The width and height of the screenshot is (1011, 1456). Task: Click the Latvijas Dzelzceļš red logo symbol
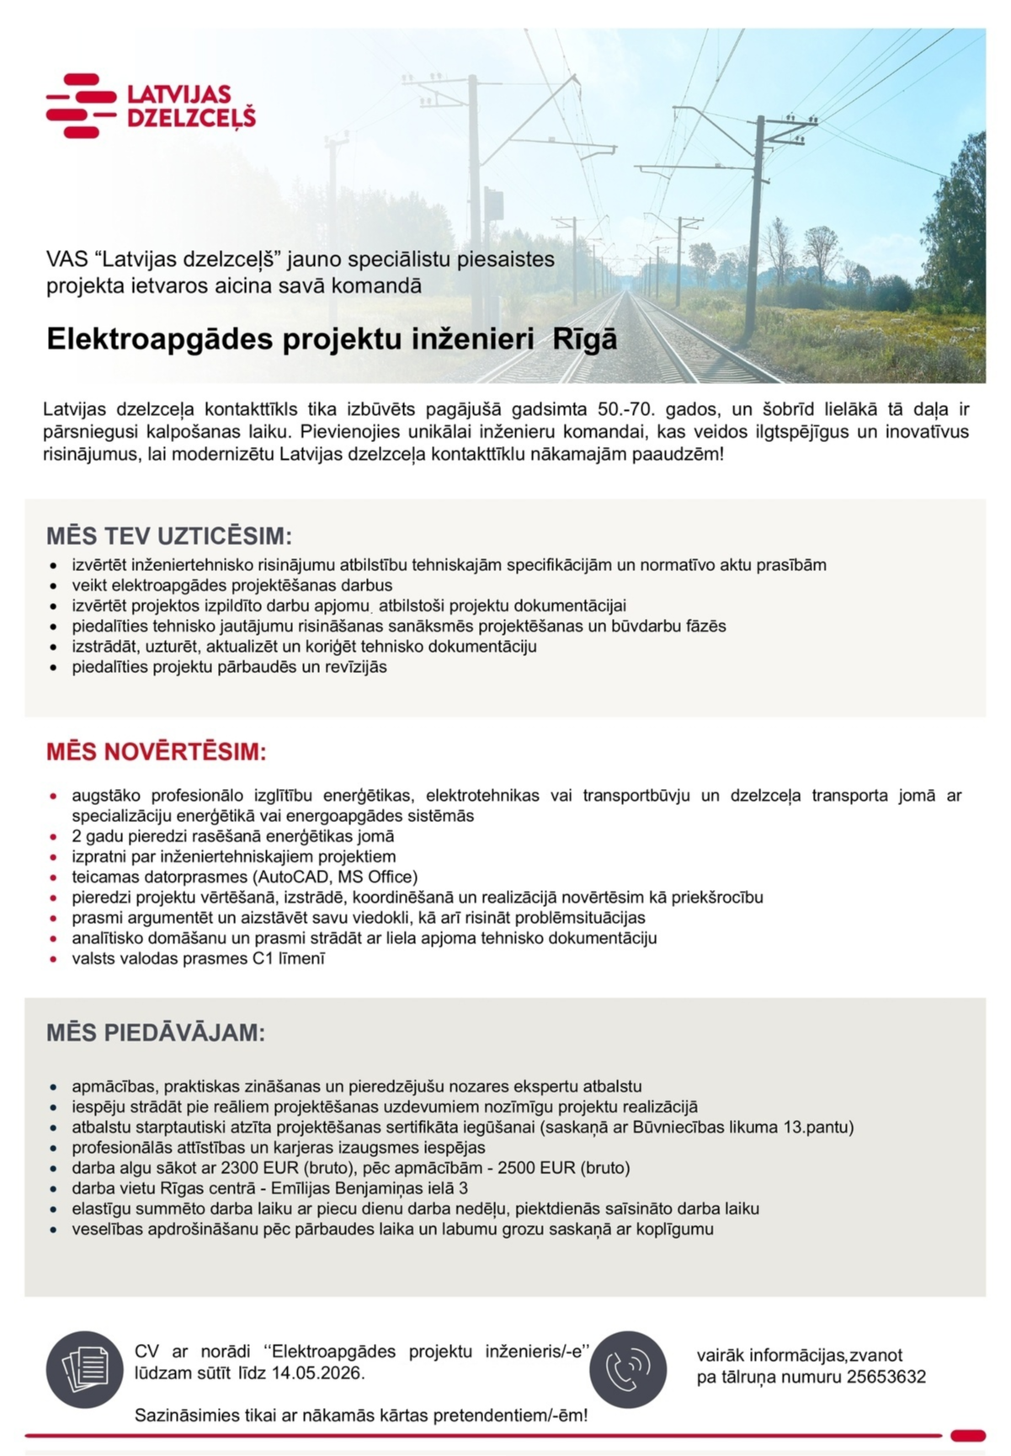coord(81,105)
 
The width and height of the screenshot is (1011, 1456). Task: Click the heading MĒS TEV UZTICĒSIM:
coord(169,536)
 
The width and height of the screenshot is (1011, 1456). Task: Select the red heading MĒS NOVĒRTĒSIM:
coord(157,752)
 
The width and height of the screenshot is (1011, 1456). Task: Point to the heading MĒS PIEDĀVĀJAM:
coord(156,1033)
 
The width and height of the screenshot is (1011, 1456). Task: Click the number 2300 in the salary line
coord(240,1168)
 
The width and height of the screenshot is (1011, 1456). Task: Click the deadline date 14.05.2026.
coord(317,1373)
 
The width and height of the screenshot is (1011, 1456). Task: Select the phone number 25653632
coord(886,1377)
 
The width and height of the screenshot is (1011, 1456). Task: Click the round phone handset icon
coord(628,1370)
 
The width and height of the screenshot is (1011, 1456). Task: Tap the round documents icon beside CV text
coord(85,1370)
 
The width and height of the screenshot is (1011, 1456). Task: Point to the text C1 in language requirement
coord(262,958)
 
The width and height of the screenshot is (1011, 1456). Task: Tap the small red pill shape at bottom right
coord(967,1436)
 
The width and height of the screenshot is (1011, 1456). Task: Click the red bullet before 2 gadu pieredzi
coord(54,836)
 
